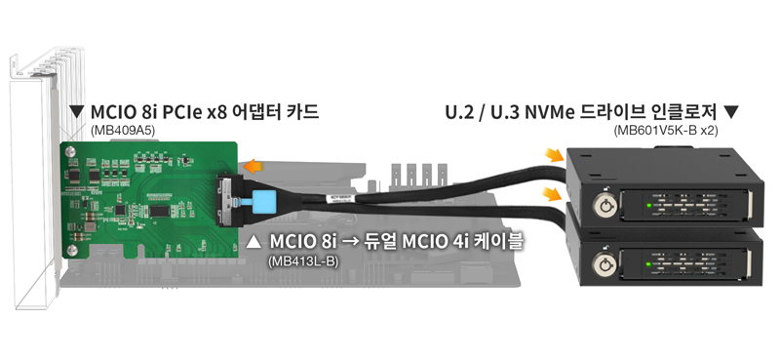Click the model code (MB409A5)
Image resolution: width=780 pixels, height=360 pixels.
click(x=123, y=131)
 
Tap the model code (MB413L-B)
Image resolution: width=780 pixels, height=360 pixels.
click(x=302, y=260)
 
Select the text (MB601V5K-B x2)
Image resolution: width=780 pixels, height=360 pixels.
click(x=666, y=131)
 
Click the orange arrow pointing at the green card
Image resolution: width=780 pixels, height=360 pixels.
click(x=253, y=166)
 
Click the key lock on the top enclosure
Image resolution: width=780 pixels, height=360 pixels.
click(x=604, y=205)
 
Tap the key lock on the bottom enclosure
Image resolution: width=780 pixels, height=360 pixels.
click(x=604, y=264)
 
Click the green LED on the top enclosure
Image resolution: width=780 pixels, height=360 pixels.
click(x=649, y=205)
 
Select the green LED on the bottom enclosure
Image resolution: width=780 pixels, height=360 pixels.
click(x=649, y=263)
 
